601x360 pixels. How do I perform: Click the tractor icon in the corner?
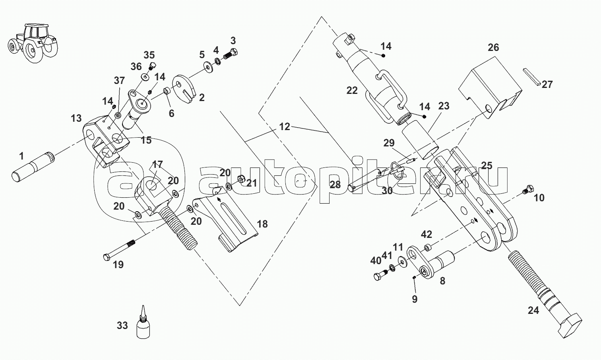point(33,43)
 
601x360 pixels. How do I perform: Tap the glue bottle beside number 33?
point(143,323)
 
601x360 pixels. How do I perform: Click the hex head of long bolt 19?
point(107,257)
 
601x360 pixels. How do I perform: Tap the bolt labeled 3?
point(231,55)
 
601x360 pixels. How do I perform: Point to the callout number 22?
point(352,91)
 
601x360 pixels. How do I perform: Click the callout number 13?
point(76,118)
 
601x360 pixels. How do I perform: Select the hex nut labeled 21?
point(241,179)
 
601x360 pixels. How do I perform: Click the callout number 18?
point(262,224)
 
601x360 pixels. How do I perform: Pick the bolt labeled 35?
point(152,66)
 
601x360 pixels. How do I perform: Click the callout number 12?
point(285,127)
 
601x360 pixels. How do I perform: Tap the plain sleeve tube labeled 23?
point(420,140)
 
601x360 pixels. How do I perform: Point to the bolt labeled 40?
point(380,275)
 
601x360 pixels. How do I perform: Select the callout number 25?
point(487,165)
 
